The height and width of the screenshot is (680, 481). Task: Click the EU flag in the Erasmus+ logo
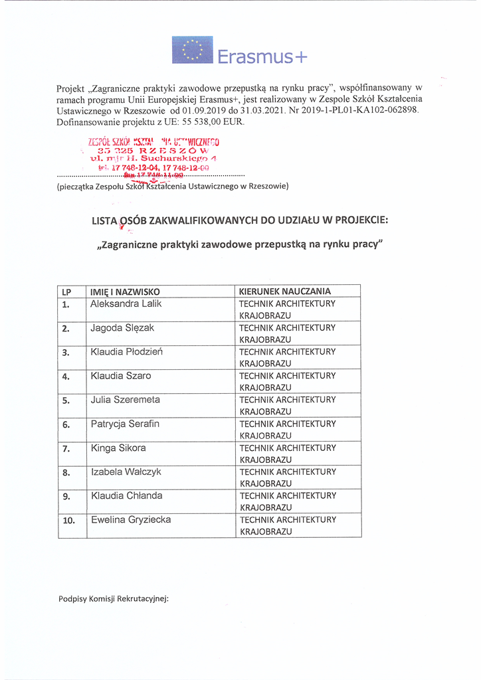193,50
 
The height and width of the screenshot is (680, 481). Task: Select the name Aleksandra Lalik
126,303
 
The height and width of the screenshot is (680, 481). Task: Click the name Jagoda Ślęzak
123,327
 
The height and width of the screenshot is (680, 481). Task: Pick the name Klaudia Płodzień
126,351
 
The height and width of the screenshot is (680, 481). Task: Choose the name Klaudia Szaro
121,375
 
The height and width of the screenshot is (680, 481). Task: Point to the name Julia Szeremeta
125,400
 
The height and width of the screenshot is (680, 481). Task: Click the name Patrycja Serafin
125,424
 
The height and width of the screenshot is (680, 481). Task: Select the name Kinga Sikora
118,448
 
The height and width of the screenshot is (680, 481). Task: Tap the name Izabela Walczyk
126,471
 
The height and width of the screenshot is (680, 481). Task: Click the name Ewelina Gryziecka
131,519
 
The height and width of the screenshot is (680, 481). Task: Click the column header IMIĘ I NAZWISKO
125,292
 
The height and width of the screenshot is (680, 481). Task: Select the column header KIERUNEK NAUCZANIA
285,291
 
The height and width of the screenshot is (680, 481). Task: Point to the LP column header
66,292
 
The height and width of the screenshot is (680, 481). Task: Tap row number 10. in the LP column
68,521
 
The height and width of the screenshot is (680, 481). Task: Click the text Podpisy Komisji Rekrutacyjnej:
114,598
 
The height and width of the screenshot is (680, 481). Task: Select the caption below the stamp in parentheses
173,186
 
